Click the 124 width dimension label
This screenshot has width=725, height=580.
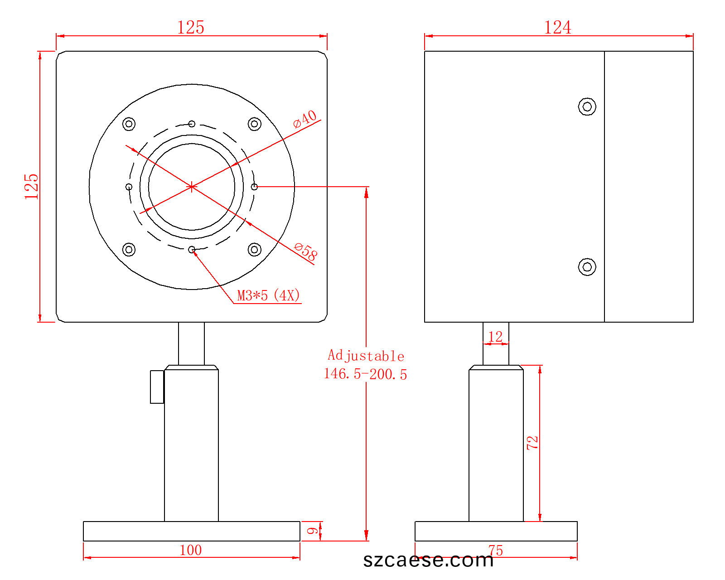(x=557, y=27)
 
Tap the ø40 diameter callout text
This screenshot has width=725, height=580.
(x=305, y=119)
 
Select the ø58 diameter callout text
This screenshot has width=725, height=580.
(x=305, y=252)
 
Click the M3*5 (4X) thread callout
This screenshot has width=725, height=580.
(x=268, y=295)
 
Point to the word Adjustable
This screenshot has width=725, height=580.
(x=366, y=356)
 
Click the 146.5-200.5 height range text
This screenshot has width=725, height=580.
(x=366, y=374)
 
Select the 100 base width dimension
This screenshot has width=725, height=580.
(x=191, y=551)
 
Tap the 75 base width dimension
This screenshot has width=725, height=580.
(x=496, y=551)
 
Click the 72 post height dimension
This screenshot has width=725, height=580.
(x=532, y=443)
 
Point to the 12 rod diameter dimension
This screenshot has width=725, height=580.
(x=496, y=337)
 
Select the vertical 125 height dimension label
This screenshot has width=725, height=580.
(x=32, y=187)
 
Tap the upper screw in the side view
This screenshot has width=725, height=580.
(x=587, y=106)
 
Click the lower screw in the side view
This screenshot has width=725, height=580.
(x=587, y=267)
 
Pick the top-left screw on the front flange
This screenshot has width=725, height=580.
(x=129, y=124)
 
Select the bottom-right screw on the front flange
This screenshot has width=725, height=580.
(x=254, y=250)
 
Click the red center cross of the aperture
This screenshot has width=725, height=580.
(x=191, y=187)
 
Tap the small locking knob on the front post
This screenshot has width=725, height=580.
(x=157, y=387)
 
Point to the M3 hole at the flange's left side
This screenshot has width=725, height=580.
(x=129, y=187)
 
